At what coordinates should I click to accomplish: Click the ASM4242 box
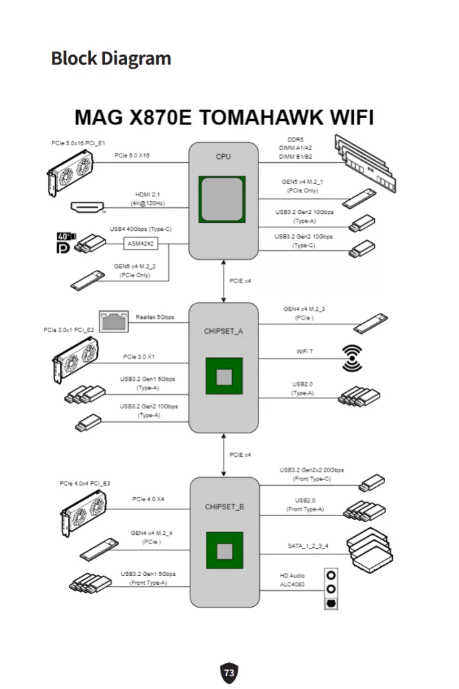coord(140,244)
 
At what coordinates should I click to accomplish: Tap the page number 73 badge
coord(229,672)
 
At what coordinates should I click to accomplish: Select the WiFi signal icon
coord(352,358)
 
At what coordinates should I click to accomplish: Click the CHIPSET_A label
coord(223,331)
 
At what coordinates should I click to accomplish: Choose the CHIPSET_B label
coord(224,506)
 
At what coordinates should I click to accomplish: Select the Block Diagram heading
coord(111,59)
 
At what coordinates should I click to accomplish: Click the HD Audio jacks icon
coord(331,590)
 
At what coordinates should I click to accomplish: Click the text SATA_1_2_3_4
coord(307,546)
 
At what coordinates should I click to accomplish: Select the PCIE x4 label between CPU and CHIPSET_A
coord(240,280)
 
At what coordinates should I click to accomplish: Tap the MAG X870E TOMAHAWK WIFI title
coord(223,118)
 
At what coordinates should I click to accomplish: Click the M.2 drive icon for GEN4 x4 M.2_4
coord(102,549)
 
